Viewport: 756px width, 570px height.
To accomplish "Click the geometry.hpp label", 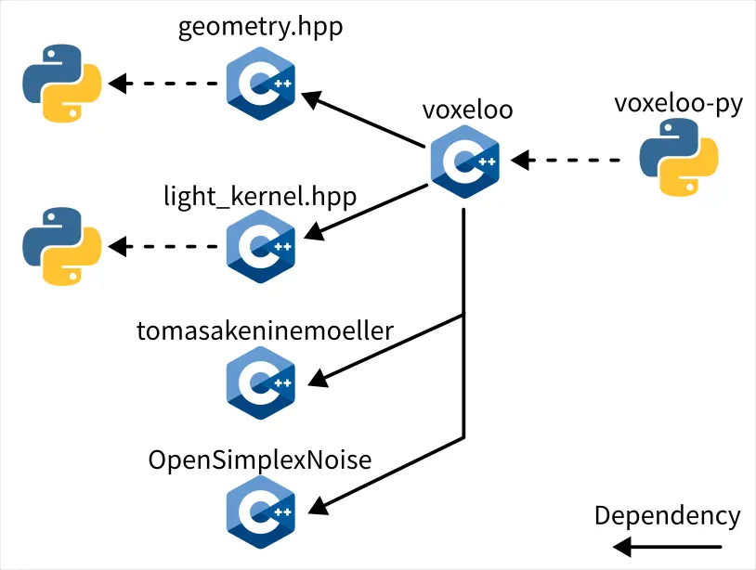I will pos(260,27).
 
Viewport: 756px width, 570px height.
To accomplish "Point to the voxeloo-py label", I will pos(678,104).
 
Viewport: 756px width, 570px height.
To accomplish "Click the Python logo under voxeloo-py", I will pos(680,162).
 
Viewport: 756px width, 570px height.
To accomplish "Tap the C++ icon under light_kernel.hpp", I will pos(261,246).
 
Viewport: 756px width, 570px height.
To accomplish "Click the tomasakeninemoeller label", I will pos(266,330).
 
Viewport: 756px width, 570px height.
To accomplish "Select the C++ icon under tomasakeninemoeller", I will pos(261,382).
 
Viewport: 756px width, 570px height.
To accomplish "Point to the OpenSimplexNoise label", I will pos(260,460).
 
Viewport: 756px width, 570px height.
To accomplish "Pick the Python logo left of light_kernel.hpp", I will pos(61,246).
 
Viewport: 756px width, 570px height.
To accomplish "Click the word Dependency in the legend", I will pos(667,516).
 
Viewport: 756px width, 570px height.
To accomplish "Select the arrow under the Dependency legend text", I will pos(669,547).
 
